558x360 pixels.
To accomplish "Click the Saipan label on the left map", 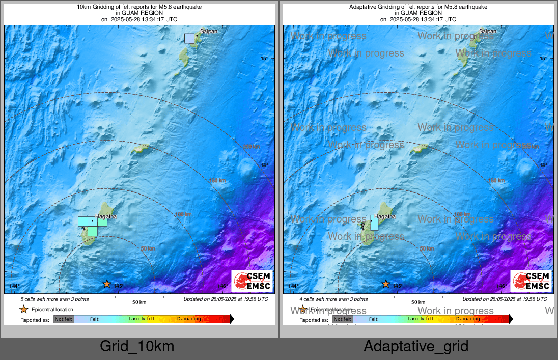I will coord(209,31).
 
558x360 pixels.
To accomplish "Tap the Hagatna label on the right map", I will coord(385,216).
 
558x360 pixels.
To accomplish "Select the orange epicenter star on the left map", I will coord(107,284).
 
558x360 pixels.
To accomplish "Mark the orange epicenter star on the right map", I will coord(386,284).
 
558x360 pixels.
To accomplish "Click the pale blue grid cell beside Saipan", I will coord(189,38).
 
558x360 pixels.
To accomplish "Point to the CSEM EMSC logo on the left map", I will coord(252,281).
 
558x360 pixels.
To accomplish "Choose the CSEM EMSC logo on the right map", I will coord(531,281).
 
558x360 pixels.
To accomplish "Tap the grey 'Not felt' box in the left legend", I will coord(64,319).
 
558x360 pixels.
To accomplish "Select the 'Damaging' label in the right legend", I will coord(468,319).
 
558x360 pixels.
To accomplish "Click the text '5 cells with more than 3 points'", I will coord(54,299).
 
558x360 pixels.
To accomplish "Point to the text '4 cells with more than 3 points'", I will coord(333,299).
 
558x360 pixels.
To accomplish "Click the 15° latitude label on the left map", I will coord(264,59).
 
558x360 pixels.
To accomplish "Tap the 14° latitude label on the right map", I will coord(543,165).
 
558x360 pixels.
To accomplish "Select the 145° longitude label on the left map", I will coord(118,286).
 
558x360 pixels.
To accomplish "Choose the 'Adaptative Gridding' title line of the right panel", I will coord(418,7).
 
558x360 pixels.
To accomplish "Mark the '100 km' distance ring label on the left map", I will coord(183,215).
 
